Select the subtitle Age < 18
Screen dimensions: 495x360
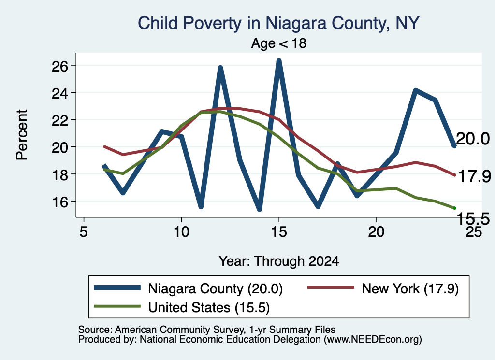pos(279,43)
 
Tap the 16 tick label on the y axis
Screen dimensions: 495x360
pos(60,202)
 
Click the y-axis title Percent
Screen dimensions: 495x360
pos(22,135)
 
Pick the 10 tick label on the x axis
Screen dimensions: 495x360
pos(181,232)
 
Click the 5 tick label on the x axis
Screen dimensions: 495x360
pos(83,232)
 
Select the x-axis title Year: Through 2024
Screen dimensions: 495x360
pos(279,261)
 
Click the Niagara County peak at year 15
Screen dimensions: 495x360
pos(279,60)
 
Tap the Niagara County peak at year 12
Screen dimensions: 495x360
pos(220,68)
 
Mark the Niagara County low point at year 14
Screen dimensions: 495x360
pos(260,209)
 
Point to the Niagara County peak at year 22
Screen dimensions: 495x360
pos(416,91)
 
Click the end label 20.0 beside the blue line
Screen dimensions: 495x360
pos(473,139)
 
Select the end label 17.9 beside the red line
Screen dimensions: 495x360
pos(474,176)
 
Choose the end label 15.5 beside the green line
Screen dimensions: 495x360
pos(473,218)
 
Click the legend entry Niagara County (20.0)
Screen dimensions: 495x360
pos(189,288)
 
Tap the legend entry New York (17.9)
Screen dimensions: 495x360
pos(383,288)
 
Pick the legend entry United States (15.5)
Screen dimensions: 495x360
pos(182,307)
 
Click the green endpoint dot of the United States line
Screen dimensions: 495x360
pos(454,208)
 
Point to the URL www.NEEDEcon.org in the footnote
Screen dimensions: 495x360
pos(373,340)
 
